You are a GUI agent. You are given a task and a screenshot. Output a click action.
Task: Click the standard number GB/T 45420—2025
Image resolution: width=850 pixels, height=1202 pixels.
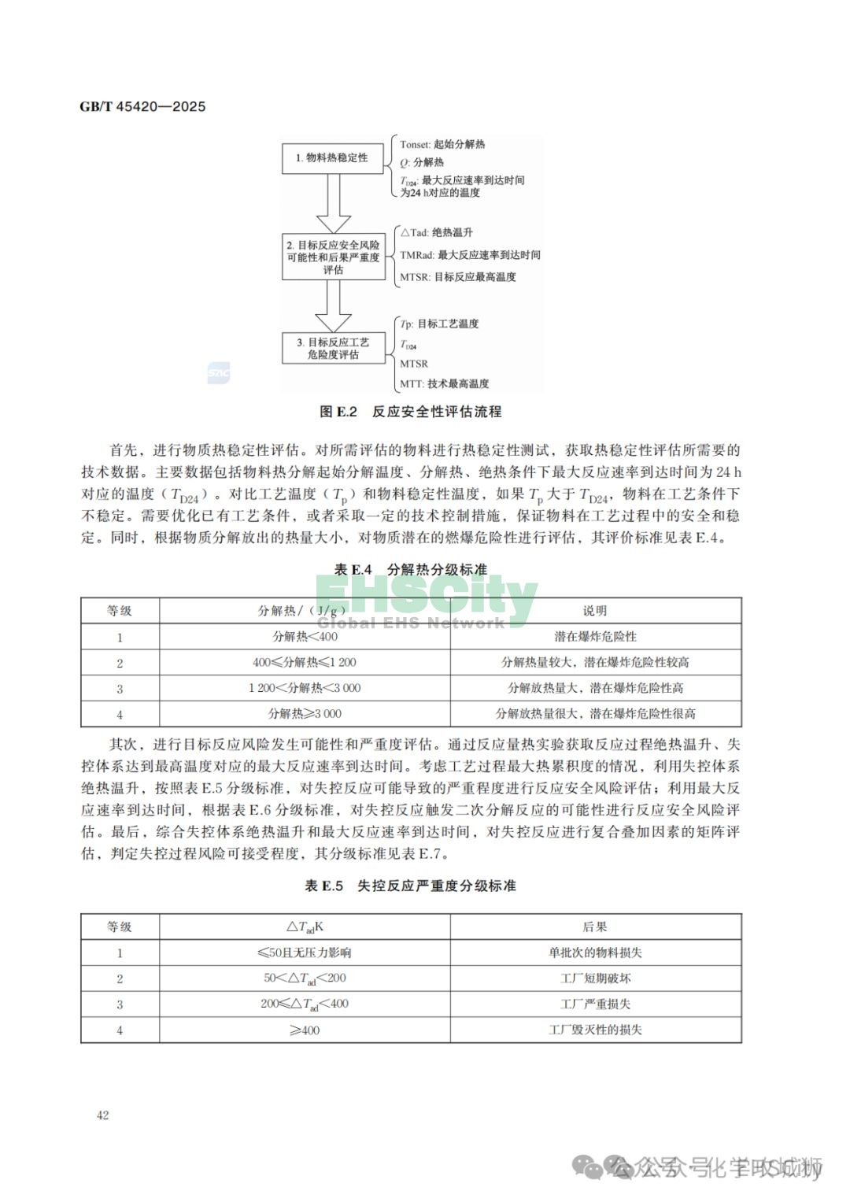coord(142,106)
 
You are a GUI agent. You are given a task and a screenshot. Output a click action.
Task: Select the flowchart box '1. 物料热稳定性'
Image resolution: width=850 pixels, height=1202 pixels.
coord(332,158)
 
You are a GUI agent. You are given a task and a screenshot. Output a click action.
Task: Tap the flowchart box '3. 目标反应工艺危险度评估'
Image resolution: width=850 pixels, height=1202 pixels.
coord(333,348)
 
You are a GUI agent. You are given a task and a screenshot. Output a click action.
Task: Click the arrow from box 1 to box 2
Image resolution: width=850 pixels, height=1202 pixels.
coord(333,203)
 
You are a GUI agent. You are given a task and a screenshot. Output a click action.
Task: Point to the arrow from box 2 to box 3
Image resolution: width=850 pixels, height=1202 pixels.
coord(333,306)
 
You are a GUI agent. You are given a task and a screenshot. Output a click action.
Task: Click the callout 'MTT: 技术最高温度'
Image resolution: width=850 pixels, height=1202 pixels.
coord(444,384)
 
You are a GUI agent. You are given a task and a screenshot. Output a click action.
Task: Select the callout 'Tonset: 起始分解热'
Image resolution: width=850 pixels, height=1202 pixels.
coord(442,145)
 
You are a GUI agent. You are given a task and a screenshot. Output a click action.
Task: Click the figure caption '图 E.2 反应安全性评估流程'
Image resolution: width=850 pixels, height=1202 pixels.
coord(411,412)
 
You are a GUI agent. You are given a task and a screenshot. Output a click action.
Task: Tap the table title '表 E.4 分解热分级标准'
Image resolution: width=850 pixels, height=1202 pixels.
coord(411,570)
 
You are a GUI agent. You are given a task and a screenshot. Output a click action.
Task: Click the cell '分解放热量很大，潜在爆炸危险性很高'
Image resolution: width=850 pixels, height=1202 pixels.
coord(595,714)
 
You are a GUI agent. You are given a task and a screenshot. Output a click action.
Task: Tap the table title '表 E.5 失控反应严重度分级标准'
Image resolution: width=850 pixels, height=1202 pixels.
coord(411,886)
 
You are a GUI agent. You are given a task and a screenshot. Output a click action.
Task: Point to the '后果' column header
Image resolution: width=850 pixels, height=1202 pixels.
coord(595,927)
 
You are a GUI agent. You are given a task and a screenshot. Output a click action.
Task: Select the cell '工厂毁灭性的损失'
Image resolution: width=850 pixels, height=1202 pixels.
coord(595,1030)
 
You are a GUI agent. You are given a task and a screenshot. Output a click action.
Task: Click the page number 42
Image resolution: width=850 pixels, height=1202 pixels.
coord(103,1115)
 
